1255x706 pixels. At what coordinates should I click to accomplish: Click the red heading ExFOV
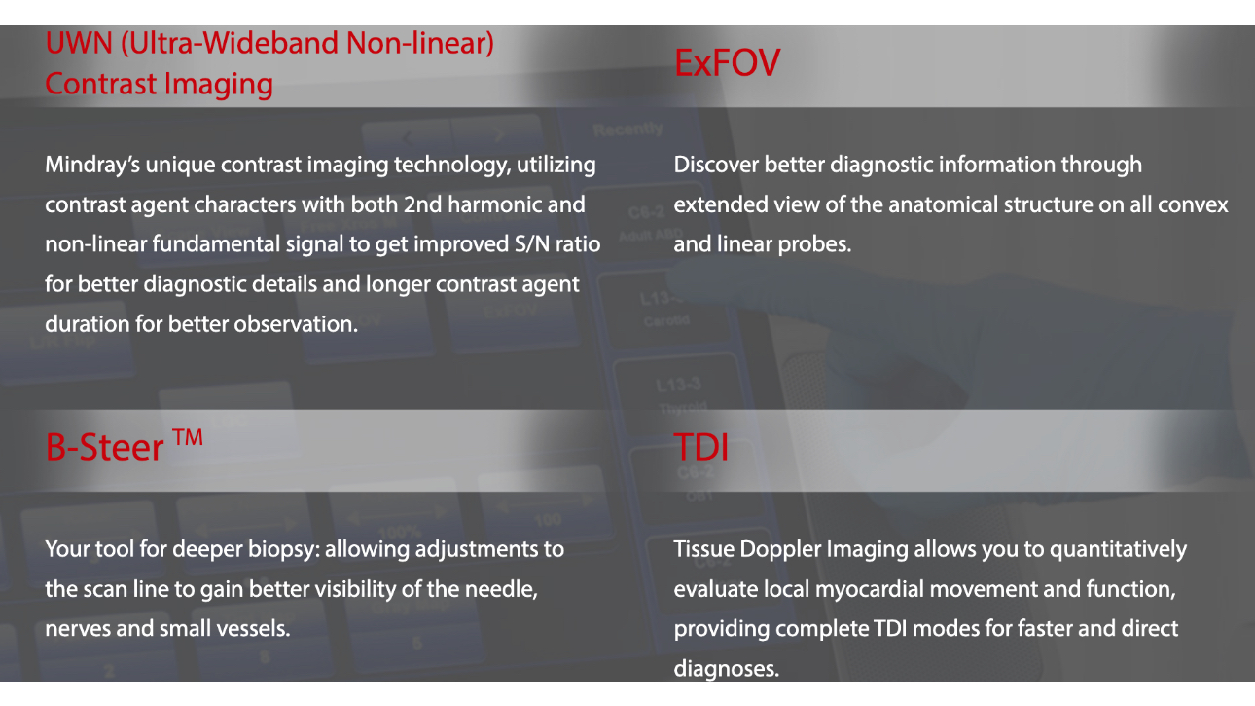(x=727, y=62)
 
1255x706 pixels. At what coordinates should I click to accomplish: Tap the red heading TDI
(x=700, y=448)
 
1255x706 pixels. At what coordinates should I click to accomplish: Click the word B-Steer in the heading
(x=104, y=448)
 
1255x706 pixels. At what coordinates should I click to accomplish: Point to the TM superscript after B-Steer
(x=188, y=437)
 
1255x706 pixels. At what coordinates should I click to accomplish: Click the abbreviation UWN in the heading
(x=79, y=43)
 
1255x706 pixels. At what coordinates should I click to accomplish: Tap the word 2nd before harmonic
(x=423, y=204)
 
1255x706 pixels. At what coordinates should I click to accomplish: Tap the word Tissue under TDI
(x=703, y=549)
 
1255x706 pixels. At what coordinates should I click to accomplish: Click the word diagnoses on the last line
(x=726, y=669)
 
